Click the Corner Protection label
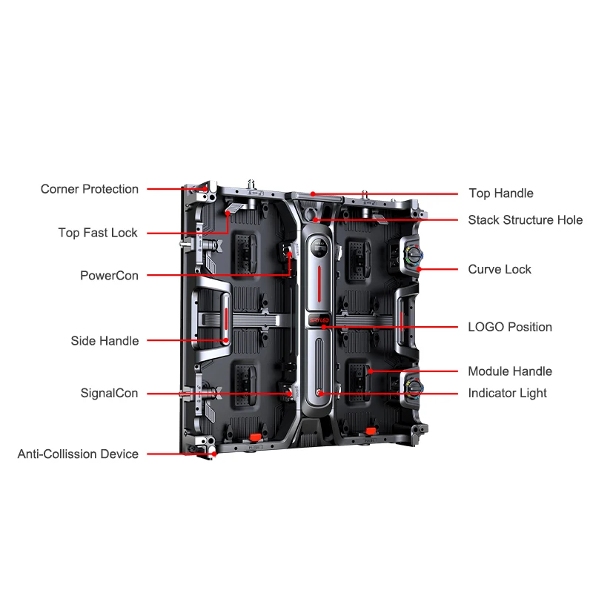(x=90, y=189)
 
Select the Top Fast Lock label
(x=98, y=233)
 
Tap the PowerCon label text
(x=109, y=276)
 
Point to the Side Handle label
(x=105, y=341)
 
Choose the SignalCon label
(x=109, y=393)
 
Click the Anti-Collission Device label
(x=78, y=454)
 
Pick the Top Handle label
(x=501, y=193)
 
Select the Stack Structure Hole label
(x=526, y=220)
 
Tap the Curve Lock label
(x=500, y=269)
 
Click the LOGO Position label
(x=510, y=327)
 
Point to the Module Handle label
(x=510, y=371)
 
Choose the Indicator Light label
(x=508, y=393)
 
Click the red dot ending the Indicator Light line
(x=320, y=393)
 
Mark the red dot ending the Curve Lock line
(x=420, y=269)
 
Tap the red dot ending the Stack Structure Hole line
(x=317, y=220)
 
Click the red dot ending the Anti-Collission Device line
(x=213, y=454)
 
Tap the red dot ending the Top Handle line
(x=314, y=193)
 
